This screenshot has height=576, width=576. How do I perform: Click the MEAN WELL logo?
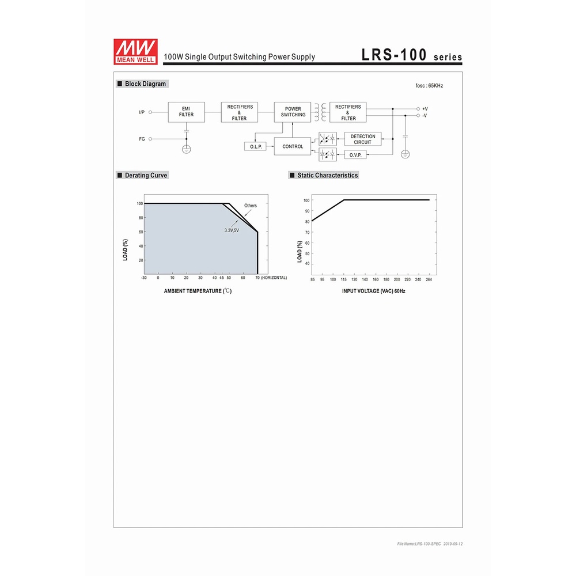pyautogui.click(x=135, y=52)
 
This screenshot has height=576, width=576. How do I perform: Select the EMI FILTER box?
pyautogui.click(x=186, y=112)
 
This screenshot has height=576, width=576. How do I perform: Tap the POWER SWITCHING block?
pyautogui.click(x=293, y=112)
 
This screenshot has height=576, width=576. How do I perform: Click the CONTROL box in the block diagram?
pyautogui.click(x=293, y=146)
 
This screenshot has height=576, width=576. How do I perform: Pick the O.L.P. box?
pyautogui.click(x=255, y=146)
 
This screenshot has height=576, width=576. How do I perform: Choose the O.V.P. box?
pyautogui.click(x=355, y=155)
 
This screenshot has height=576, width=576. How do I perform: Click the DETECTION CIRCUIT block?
pyautogui.click(x=362, y=139)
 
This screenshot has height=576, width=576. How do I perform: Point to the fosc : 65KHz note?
pyautogui.click(x=429, y=86)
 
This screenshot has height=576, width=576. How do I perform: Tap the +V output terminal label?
pyautogui.click(x=425, y=109)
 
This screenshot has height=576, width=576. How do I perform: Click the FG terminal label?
pyautogui.click(x=142, y=139)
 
